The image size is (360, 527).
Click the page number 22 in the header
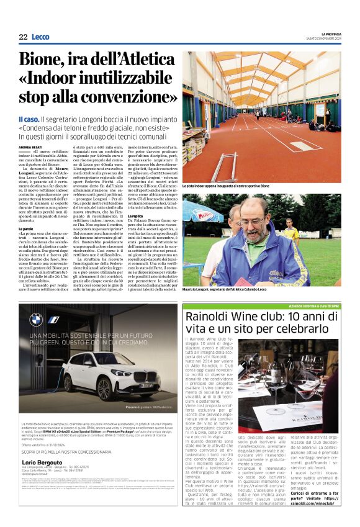(23, 37)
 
